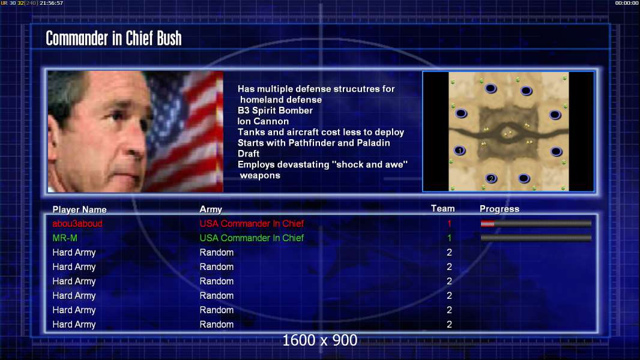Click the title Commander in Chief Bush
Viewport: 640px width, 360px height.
pyautogui.click(x=113, y=38)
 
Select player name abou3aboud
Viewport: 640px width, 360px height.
pyautogui.click(x=77, y=223)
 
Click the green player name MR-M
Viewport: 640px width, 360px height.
pyautogui.click(x=65, y=238)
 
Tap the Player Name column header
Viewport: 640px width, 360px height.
pyautogui.click(x=80, y=209)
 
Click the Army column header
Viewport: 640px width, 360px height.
pyautogui.click(x=211, y=209)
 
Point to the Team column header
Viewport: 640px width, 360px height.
pyautogui.click(x=443, y=208)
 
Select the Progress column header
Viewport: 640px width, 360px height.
pyautogui.click(x=500, y=209)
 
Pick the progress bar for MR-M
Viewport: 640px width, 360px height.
pyautogui.click(x=536, y=238)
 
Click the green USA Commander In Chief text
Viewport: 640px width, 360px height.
pyautogui.click(x=252, y=238)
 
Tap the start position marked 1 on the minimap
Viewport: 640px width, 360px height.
pyautogui.click(x=460, y=151)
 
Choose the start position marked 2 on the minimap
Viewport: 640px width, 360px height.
pyautogui.click(x=491, y=178)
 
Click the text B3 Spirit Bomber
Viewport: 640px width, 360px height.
pyautogui.click(x=275, y=110)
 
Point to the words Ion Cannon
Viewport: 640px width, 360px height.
pyautogui.click(x=264, y=121)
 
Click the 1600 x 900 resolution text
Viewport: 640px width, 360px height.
pyautogui.click(x=319, y=340)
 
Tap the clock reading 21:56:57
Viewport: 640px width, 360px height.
pyautogui.click(x=52, y=3)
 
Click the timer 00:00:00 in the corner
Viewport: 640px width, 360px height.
pyautogui.click(x=627, y=3)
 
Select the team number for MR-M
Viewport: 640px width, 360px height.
pyautogui.click(x=449, y=238)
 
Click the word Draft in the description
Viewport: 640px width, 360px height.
pyautogui.click(x=248, y=154)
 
